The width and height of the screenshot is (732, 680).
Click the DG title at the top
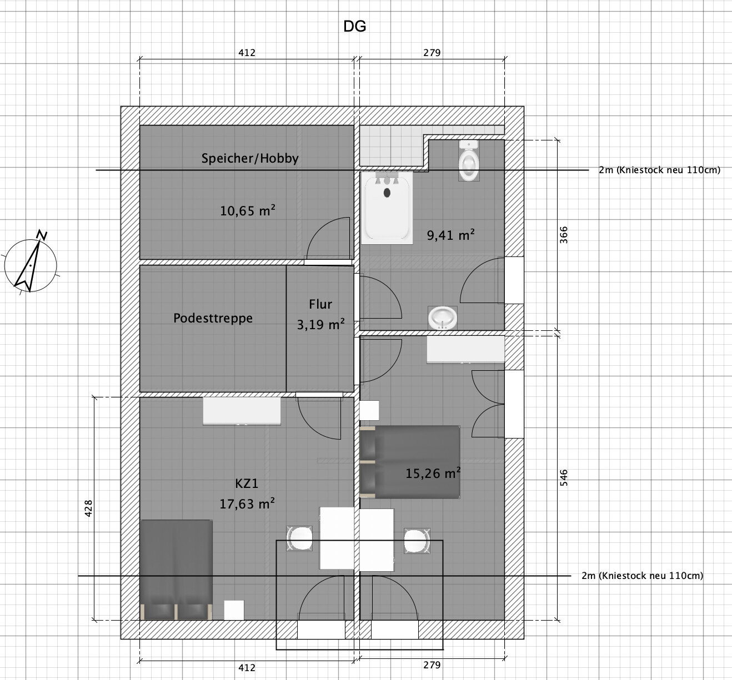pos(354,27)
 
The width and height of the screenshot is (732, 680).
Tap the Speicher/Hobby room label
pos(250,159)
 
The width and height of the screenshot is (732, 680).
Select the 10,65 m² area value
pos(248,210)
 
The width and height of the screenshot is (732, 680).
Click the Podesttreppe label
pos(213,318)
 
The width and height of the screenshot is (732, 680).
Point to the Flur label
pos(320,304)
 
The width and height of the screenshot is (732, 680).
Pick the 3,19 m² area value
pos(320,324)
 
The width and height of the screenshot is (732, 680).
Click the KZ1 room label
pos(247,483)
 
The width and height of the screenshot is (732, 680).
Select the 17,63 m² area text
pos(247,503)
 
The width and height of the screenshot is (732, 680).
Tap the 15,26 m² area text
pos(433,473)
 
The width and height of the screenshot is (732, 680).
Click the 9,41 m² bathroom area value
pos(451,235)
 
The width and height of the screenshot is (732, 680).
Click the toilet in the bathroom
pos(469,160)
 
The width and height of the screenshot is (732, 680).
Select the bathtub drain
pos(387,193)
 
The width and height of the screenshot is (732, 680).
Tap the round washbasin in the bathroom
pos(442,318)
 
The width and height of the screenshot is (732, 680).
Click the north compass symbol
pos(31,263)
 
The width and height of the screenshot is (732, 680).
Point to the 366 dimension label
pos(564,235)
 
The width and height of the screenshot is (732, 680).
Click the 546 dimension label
pos(564,477)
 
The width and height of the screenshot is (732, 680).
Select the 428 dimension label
pos(88,508)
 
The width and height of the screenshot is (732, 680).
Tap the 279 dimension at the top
pos(432,53)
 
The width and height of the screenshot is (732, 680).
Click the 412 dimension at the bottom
pos(247,667)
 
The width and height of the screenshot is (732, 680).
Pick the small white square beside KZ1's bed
pos(234,611)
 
